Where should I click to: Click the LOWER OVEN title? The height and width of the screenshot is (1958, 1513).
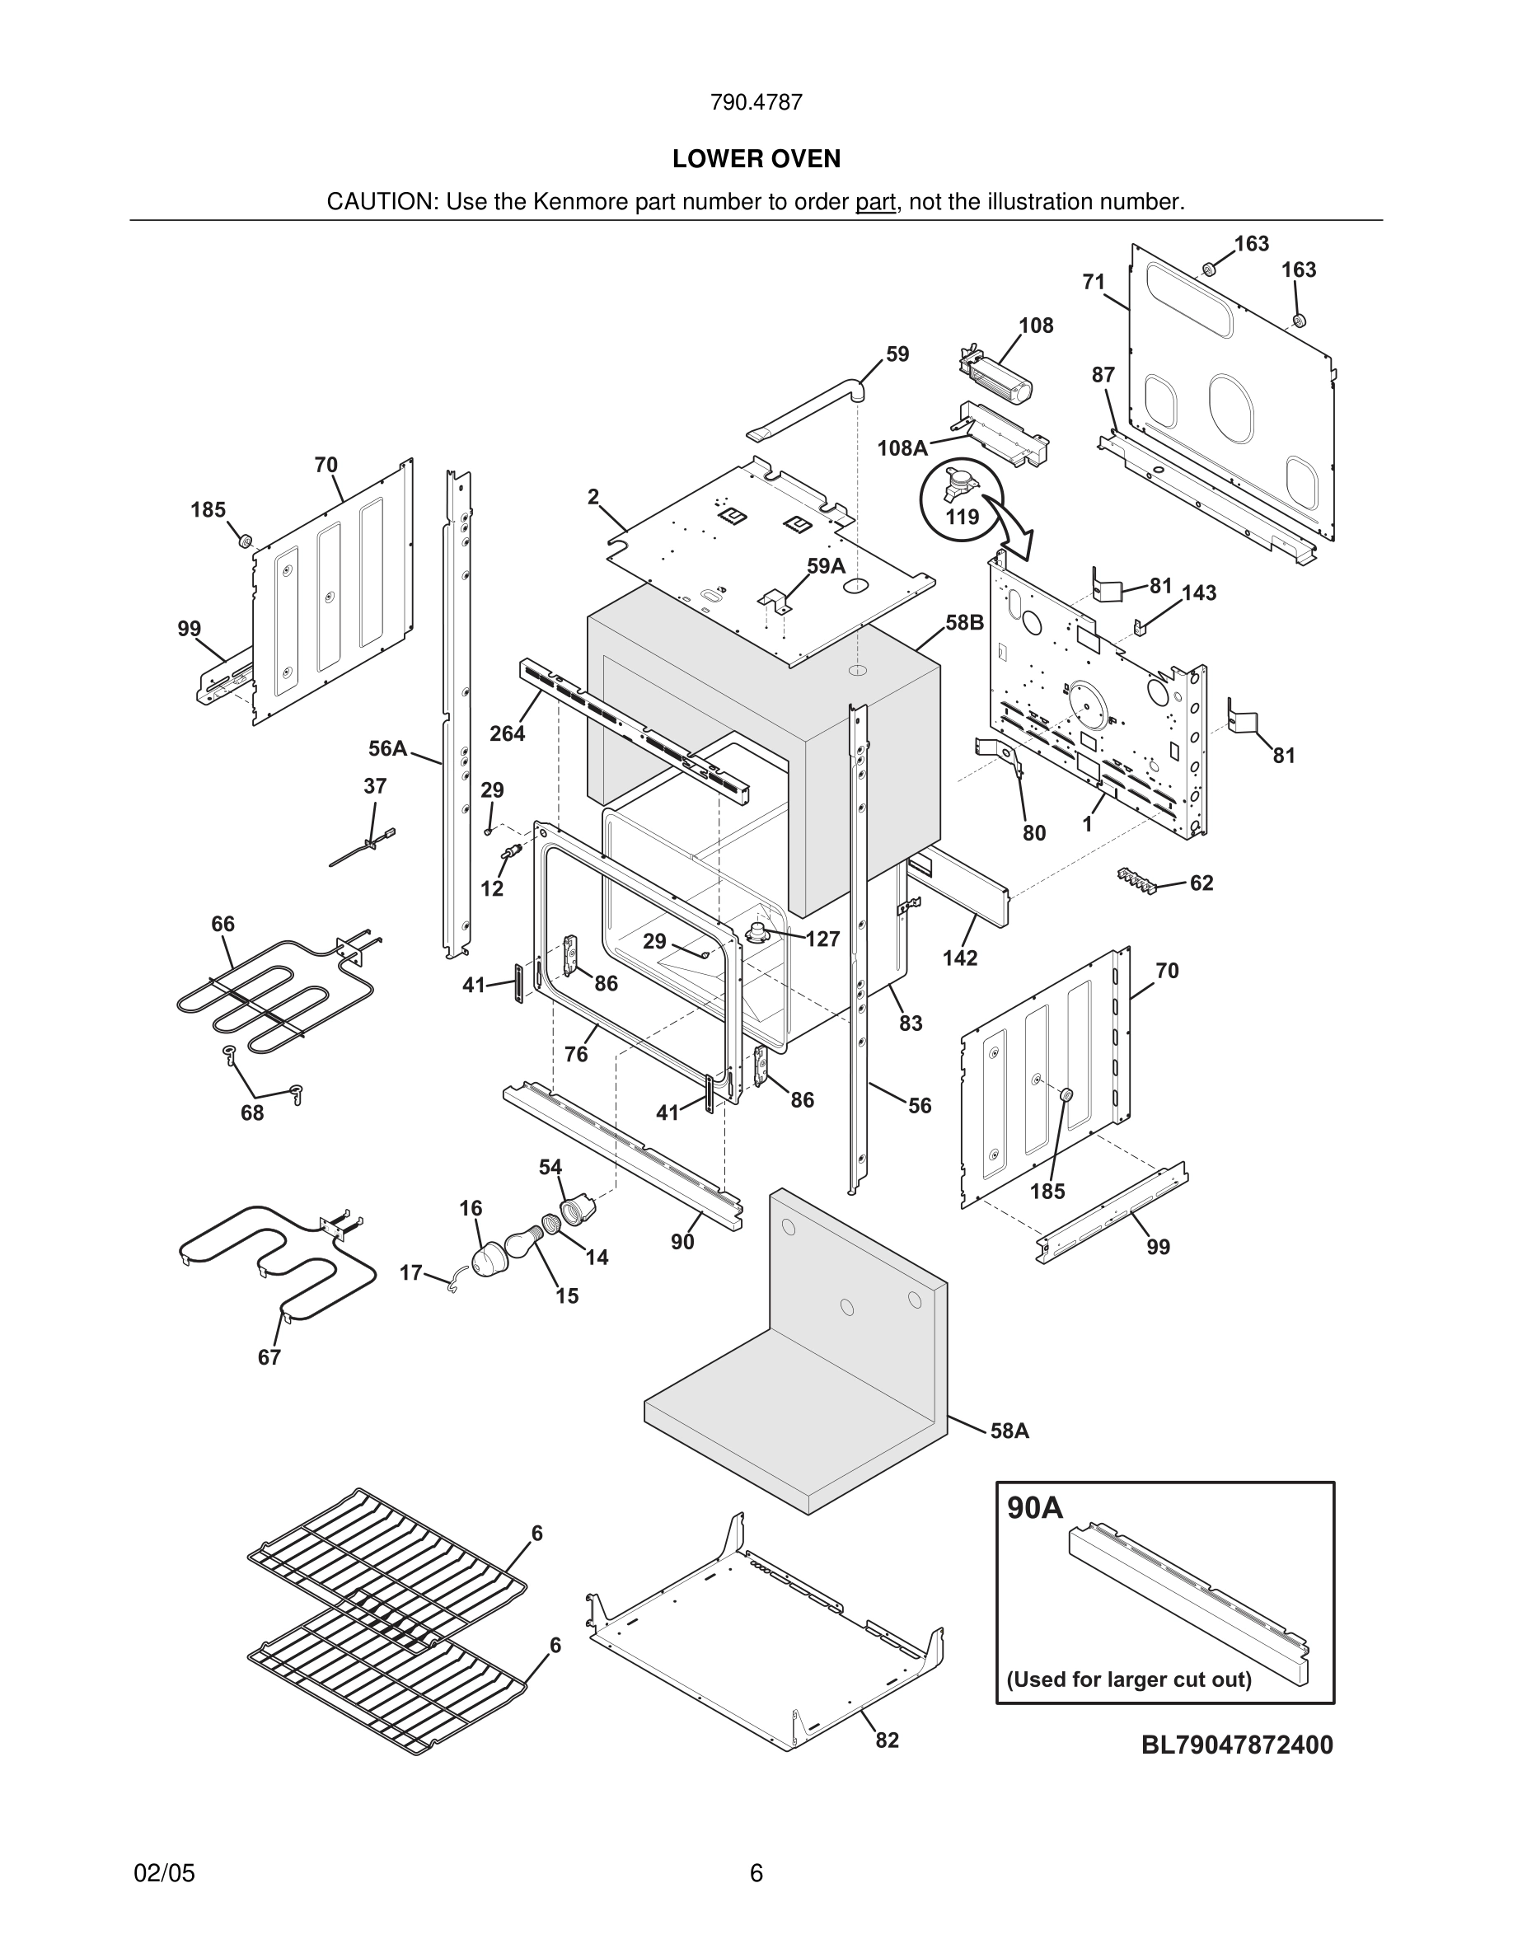point(756,159)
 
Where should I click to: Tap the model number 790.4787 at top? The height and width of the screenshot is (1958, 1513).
point(756,102)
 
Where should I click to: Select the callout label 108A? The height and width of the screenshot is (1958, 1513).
point(902,448)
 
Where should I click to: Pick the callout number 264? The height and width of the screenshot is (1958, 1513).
point(507,733)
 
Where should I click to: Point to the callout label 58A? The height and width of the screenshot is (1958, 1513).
point(1009,1431)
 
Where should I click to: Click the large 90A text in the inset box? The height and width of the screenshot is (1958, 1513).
point(1034,1508)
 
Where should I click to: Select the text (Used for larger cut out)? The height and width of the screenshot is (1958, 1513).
point(1128,1679)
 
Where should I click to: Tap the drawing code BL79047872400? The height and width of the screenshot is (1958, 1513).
point(1237,1745)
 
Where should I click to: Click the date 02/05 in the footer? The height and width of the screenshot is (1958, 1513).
point(164,1873)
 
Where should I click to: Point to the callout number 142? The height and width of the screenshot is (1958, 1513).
point(959,958)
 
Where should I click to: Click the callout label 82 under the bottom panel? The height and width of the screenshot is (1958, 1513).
point(887,1740)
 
